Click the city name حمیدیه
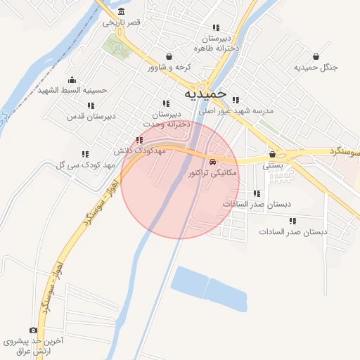(x=205, y=93)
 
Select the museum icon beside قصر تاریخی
(x=122, y=11)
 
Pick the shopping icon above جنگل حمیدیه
(x=316, y=56)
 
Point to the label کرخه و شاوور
(x=169, y=67)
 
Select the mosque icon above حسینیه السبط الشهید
(x=73, y=79)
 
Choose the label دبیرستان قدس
(x=86, y=115)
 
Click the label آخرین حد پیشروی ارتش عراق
(x=33, y=345)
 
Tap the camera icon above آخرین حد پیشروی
(x=33, y=330)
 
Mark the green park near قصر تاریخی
(x=115, y=46)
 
